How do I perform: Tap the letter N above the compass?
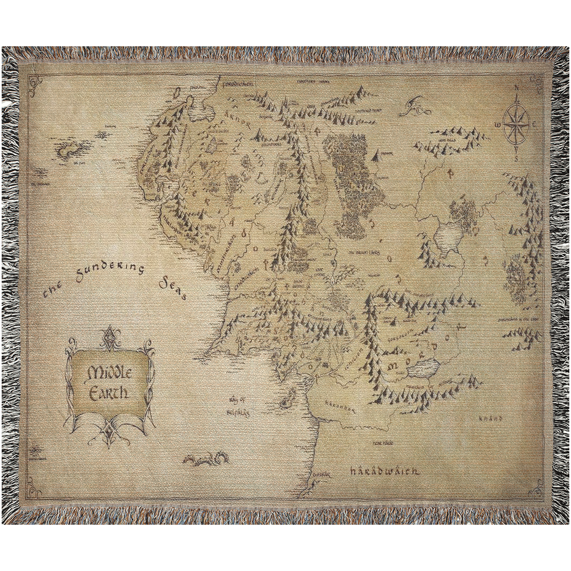[516, 88]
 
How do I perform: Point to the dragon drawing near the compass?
[415, 106]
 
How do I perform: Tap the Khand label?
[491, 418]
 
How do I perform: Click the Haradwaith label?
[384, 472]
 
